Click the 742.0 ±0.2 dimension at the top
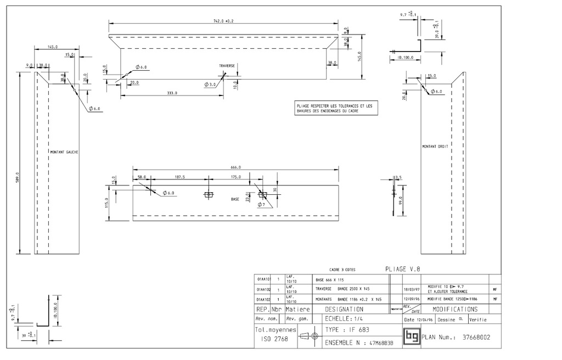pos(223,21)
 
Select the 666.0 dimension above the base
pos(236,167)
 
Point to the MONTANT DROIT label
pos(435,147)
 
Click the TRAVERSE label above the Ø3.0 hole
pos(227,66)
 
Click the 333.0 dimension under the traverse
pos(172,93)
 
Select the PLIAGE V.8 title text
pos(403,269)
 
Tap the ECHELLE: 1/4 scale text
pos(345,319)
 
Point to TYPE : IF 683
pos(347,330)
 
